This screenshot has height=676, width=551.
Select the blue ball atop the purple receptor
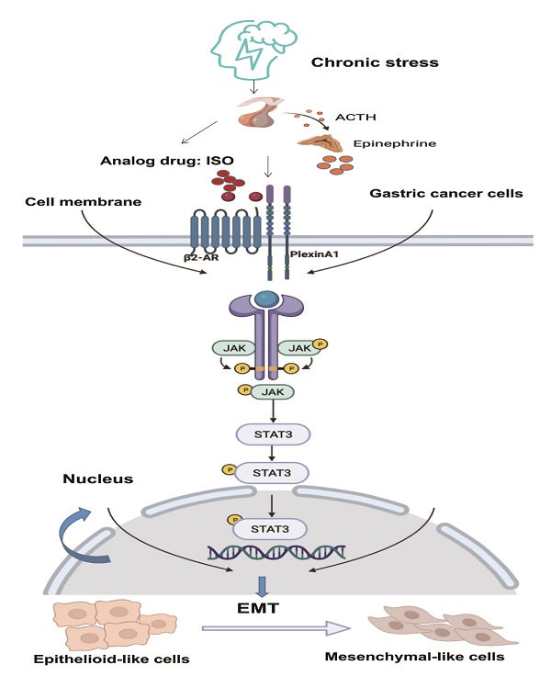[x=266, y=299]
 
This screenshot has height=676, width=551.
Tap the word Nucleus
[x=98, y=479]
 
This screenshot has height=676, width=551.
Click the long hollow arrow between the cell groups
[x=276, y=628]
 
